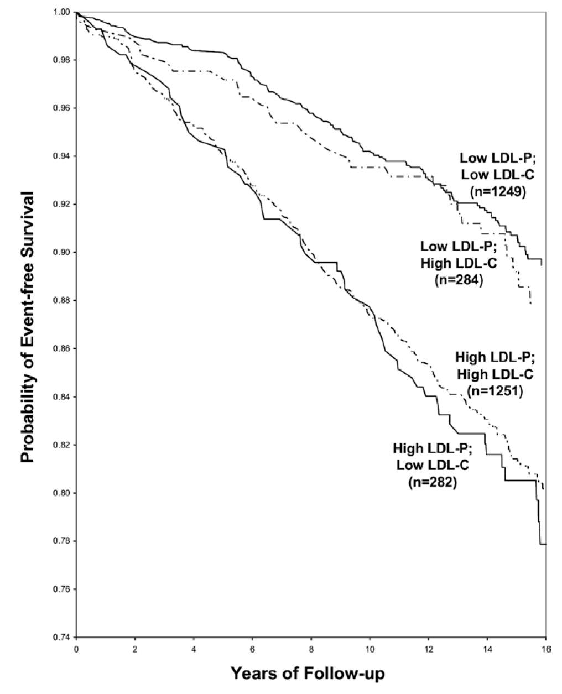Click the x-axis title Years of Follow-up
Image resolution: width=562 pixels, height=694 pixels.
(x=308, y=674)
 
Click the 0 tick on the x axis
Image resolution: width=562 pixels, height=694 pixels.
(x=76, y=647)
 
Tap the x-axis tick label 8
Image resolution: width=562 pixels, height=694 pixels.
(x=311, y=647)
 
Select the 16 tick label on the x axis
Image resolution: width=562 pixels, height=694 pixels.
(x=545, y=647)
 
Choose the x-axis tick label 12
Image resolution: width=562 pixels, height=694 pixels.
(x=429, y=647)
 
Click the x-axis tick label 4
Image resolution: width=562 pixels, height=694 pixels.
(x=194, y=647)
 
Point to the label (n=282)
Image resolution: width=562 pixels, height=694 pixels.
(x=432, y=482)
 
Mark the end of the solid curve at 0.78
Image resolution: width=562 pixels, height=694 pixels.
(x=545, y=544)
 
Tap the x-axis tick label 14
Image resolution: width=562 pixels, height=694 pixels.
(x=487, y=647)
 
